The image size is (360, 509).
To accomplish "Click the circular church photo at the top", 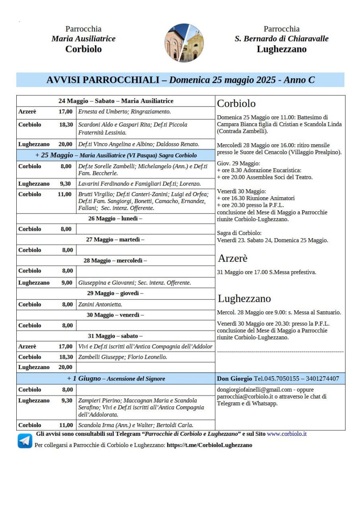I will tap(184, 43).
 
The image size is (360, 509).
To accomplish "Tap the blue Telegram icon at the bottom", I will tap(25, 441).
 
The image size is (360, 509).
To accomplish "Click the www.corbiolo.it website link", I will tap(286, 434).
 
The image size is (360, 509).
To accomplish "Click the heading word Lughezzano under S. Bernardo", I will tap(282, 49).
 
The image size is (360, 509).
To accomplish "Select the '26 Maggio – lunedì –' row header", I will tap(115, 219).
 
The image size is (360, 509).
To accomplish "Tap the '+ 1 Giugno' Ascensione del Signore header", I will tap(115, 379).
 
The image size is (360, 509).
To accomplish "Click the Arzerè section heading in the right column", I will tap(233, 258).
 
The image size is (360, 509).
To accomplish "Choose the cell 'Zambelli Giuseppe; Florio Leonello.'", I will tap(123, 357).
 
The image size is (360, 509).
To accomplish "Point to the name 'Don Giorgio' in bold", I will tap(235, 379).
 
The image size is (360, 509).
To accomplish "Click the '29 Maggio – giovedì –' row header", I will tap(115, 293).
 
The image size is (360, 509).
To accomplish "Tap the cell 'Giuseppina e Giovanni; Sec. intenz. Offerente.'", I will tap(134, 283).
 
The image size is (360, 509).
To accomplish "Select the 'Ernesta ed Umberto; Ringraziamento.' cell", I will tap(125, 112).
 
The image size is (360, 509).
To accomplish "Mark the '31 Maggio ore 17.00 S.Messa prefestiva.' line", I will tap(267, 272).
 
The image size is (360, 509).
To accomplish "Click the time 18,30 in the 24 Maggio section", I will tap(66, 125).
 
